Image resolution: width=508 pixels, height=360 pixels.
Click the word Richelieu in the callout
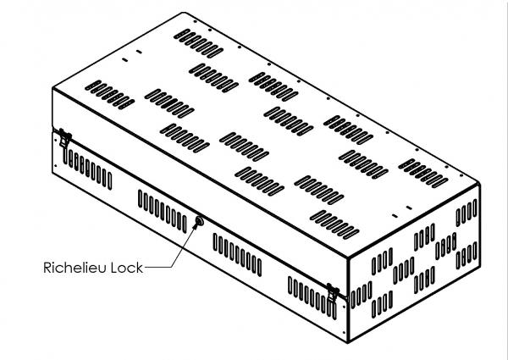(x=75, y=268)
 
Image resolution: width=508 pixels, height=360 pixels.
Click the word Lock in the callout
(x=127, y=268)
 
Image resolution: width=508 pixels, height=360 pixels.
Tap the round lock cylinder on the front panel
(x=199, y=221)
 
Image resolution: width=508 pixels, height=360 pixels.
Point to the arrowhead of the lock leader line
(x=195, y=226)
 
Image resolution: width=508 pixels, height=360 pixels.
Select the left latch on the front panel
(x=65, y=139)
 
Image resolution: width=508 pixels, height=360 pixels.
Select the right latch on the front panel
(x=333, y=294)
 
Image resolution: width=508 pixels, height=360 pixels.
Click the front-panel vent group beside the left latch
(x=88, y=169)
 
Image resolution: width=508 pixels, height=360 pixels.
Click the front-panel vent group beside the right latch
(x=312, y=298)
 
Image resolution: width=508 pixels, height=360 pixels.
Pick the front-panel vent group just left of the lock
(x=163, y=211)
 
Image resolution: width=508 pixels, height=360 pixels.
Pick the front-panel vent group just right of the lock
(x=237, y=255)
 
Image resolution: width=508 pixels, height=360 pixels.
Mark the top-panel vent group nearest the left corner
(x=109, y=95)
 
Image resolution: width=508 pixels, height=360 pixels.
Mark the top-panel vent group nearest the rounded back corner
(x=198, y=43)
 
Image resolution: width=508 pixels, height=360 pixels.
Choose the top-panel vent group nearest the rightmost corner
(x=423, y=173)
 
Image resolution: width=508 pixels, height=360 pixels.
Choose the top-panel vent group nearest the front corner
(x=334, y=224)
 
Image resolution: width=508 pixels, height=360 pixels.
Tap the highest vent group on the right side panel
(x=467, y=213)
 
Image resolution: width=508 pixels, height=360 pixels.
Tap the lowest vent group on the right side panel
(x=383, y=303)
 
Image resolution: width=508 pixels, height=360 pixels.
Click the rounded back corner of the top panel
(x=184, y=13)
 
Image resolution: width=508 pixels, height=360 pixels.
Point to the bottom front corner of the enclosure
(x=348, y=342)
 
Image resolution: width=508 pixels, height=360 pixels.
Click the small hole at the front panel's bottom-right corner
(x=344, y=332)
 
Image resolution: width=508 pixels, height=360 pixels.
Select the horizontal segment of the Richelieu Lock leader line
(x=157, y=268)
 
